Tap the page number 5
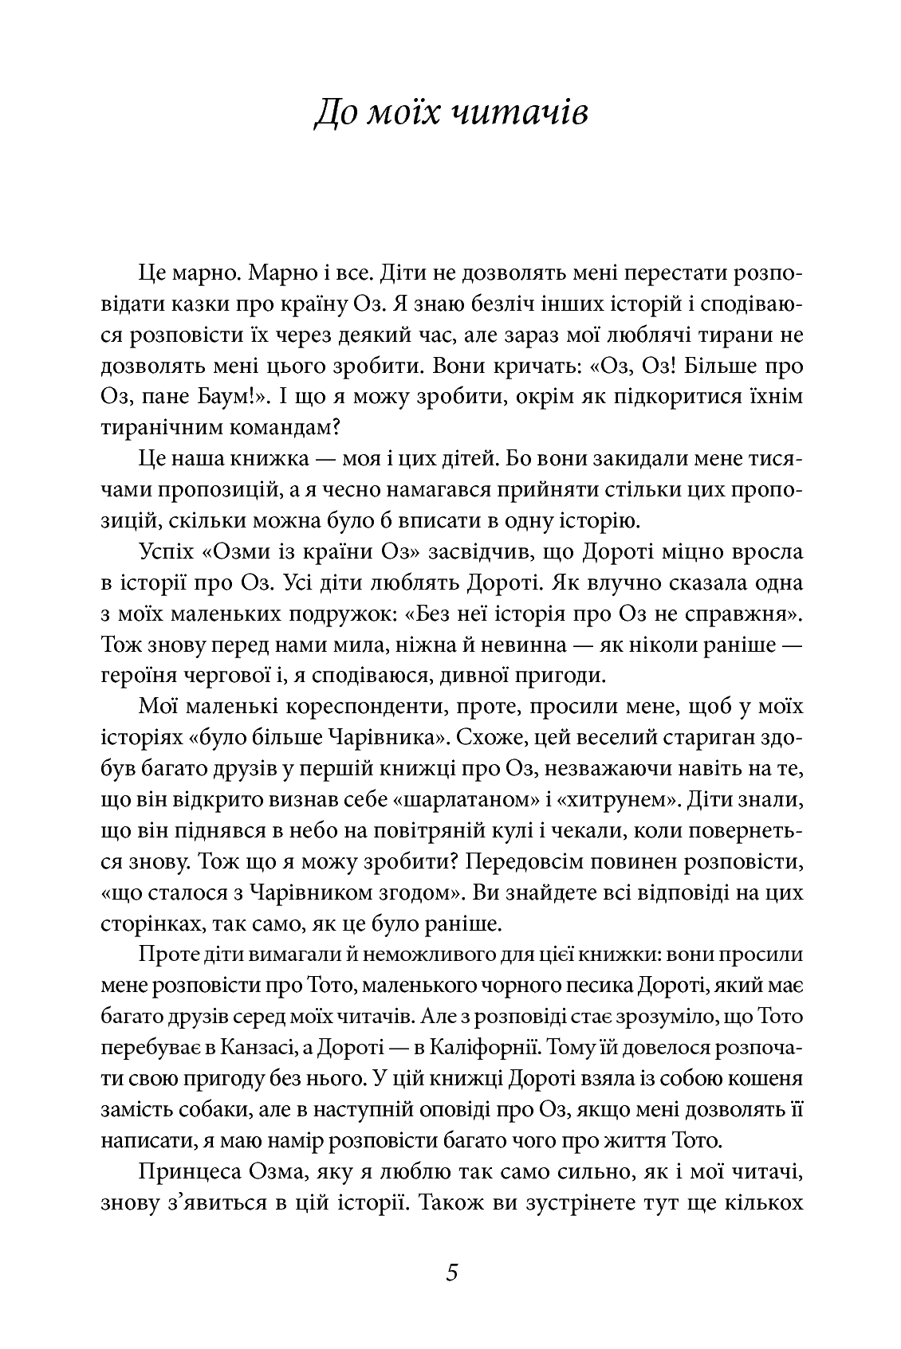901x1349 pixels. tap(452, 1272)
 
